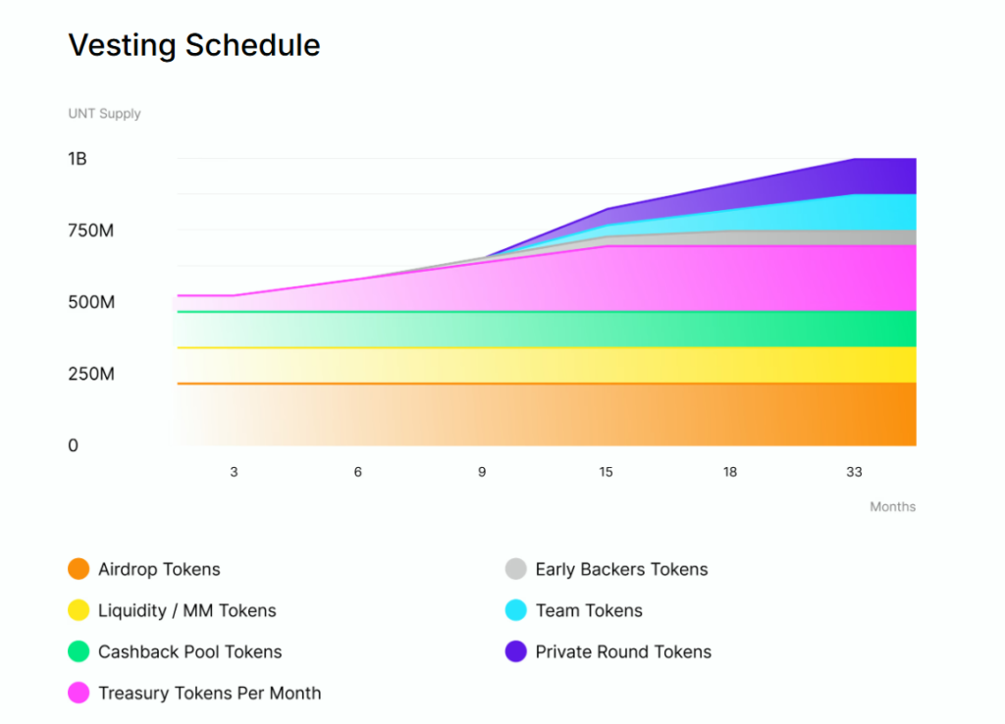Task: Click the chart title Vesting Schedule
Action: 194,45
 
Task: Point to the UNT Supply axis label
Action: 104,114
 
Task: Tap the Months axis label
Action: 892,507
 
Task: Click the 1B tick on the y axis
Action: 78,159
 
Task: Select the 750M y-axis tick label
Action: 91,231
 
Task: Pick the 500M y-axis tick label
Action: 91,302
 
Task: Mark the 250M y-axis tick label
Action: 91,374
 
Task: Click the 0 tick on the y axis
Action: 73,445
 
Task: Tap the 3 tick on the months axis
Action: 234,472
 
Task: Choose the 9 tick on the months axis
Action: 482,472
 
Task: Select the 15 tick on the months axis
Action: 606,472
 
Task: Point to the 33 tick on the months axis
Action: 854,472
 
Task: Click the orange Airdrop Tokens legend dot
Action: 79,569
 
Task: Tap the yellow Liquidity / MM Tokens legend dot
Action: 79,610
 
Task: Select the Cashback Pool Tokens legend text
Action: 189,651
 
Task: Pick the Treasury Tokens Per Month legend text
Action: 209,693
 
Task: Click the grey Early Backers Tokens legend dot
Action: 516,569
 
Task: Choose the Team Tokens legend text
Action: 589,610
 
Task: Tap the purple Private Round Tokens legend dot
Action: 516,651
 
